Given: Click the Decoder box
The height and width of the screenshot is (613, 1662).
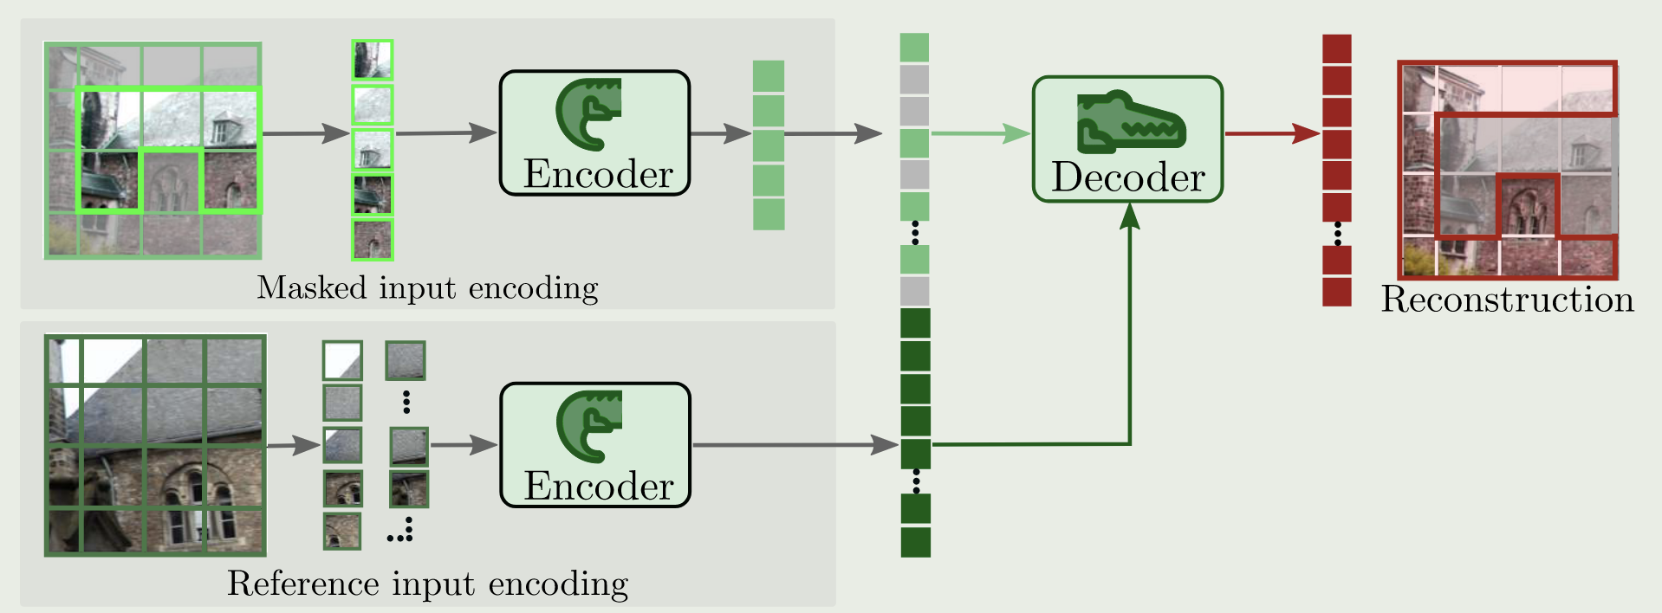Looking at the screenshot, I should [1126, 139].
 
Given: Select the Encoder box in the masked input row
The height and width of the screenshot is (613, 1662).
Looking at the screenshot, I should [594, 132].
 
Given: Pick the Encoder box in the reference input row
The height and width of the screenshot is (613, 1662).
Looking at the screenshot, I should [594, 444].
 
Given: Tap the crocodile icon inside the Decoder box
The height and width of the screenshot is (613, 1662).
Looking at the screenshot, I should [1130, 122].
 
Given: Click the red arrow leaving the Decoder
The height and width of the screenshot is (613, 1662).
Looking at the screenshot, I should [1271, 133].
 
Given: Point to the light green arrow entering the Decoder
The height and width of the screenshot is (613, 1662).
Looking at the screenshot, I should [980, 133].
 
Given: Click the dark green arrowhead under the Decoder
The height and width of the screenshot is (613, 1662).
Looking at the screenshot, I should [1129, 216].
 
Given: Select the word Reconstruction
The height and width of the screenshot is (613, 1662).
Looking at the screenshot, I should [1507, 300].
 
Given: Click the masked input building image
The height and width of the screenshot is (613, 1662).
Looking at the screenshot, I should [153, 151].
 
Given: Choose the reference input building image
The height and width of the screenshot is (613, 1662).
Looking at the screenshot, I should [156, 444].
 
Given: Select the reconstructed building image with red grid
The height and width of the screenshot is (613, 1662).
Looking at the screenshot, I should [1508, 169].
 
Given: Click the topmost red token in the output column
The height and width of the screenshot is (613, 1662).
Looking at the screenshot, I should [1336, 48].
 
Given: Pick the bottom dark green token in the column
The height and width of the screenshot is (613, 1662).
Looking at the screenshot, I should [915, 542].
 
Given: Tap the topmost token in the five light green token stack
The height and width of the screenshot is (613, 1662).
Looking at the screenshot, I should [769, 76].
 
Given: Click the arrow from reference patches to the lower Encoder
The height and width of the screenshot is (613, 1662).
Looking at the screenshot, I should [464, 445].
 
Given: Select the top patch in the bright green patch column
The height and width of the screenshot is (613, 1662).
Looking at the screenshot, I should [373, 60].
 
